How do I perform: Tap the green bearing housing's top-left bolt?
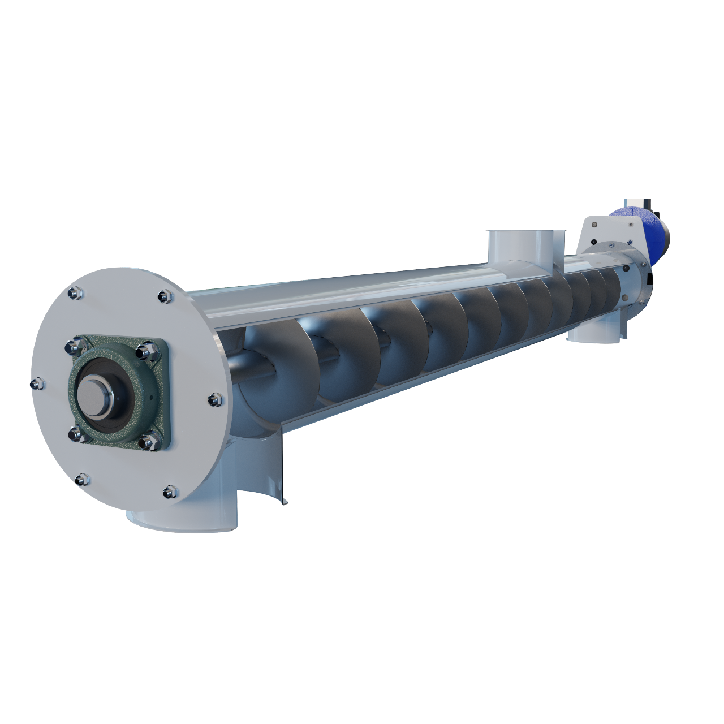tap(74, 346)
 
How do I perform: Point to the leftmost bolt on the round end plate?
tap(35, 385)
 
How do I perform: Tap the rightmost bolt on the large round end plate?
tap(214, 399)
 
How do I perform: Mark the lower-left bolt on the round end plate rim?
tap(81, 480)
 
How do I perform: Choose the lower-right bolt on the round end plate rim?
tap(169, 492)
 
